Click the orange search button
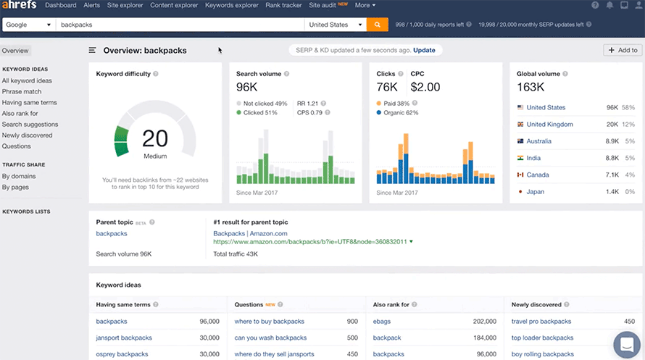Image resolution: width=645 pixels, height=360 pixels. [377, 25]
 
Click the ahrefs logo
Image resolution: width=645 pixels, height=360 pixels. [20, 6]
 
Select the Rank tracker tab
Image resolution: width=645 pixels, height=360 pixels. [284, 6]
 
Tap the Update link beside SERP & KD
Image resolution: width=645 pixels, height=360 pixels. [424, 51]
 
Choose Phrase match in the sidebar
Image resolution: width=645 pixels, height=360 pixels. [22, 92]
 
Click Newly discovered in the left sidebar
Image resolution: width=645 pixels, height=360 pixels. [27, 135]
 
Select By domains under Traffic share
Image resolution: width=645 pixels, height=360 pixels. [19, 176]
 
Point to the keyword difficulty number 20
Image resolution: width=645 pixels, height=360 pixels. [155, 138]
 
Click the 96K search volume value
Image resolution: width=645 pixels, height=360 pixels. [248, 88]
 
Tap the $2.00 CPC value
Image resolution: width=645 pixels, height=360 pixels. [425, 88]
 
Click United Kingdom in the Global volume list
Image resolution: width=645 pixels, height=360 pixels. [549, 125]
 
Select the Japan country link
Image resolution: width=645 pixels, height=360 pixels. [535, 192]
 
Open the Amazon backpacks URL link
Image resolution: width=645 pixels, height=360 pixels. [309, 242]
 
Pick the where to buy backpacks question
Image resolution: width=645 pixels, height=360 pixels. [269, 322]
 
